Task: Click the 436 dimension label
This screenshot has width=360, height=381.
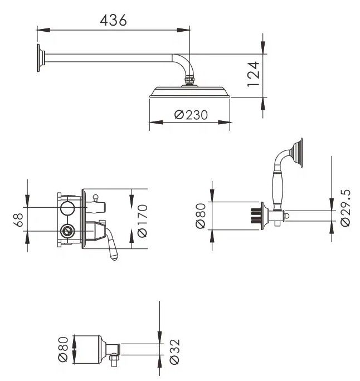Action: (113, 20)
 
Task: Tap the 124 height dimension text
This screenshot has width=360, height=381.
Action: (254, 74)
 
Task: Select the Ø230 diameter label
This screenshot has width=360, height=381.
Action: (191, 115)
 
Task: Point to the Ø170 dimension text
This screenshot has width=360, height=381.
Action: (142, 221)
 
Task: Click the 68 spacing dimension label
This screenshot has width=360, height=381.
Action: (18, 220)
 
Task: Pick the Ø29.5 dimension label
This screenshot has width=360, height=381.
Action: (346, 208)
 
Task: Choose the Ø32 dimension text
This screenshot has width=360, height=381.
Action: (175, 352)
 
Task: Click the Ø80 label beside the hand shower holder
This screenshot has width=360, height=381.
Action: (201, 216)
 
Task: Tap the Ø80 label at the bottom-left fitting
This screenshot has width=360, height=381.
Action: (63, 349)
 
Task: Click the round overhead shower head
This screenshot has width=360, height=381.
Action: (189, 91)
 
